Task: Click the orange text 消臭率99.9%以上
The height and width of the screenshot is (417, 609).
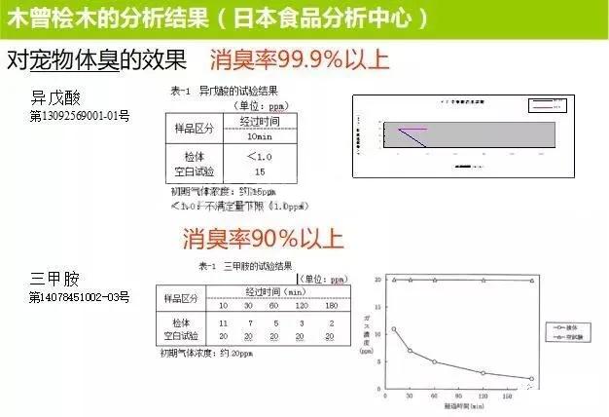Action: click(299, 59)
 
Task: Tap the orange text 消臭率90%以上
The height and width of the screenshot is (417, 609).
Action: click(262, 238)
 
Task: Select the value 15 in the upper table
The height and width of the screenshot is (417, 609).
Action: click(259, 171)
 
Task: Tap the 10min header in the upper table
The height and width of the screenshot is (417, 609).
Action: click(259, 135)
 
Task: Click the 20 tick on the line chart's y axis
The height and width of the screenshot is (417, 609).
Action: click(378, 280)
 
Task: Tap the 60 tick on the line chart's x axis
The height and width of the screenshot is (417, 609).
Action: click(435, 398)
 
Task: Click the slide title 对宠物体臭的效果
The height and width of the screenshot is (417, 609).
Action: click(96, 59)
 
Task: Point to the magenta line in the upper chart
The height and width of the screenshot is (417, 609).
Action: click(413, 129)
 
